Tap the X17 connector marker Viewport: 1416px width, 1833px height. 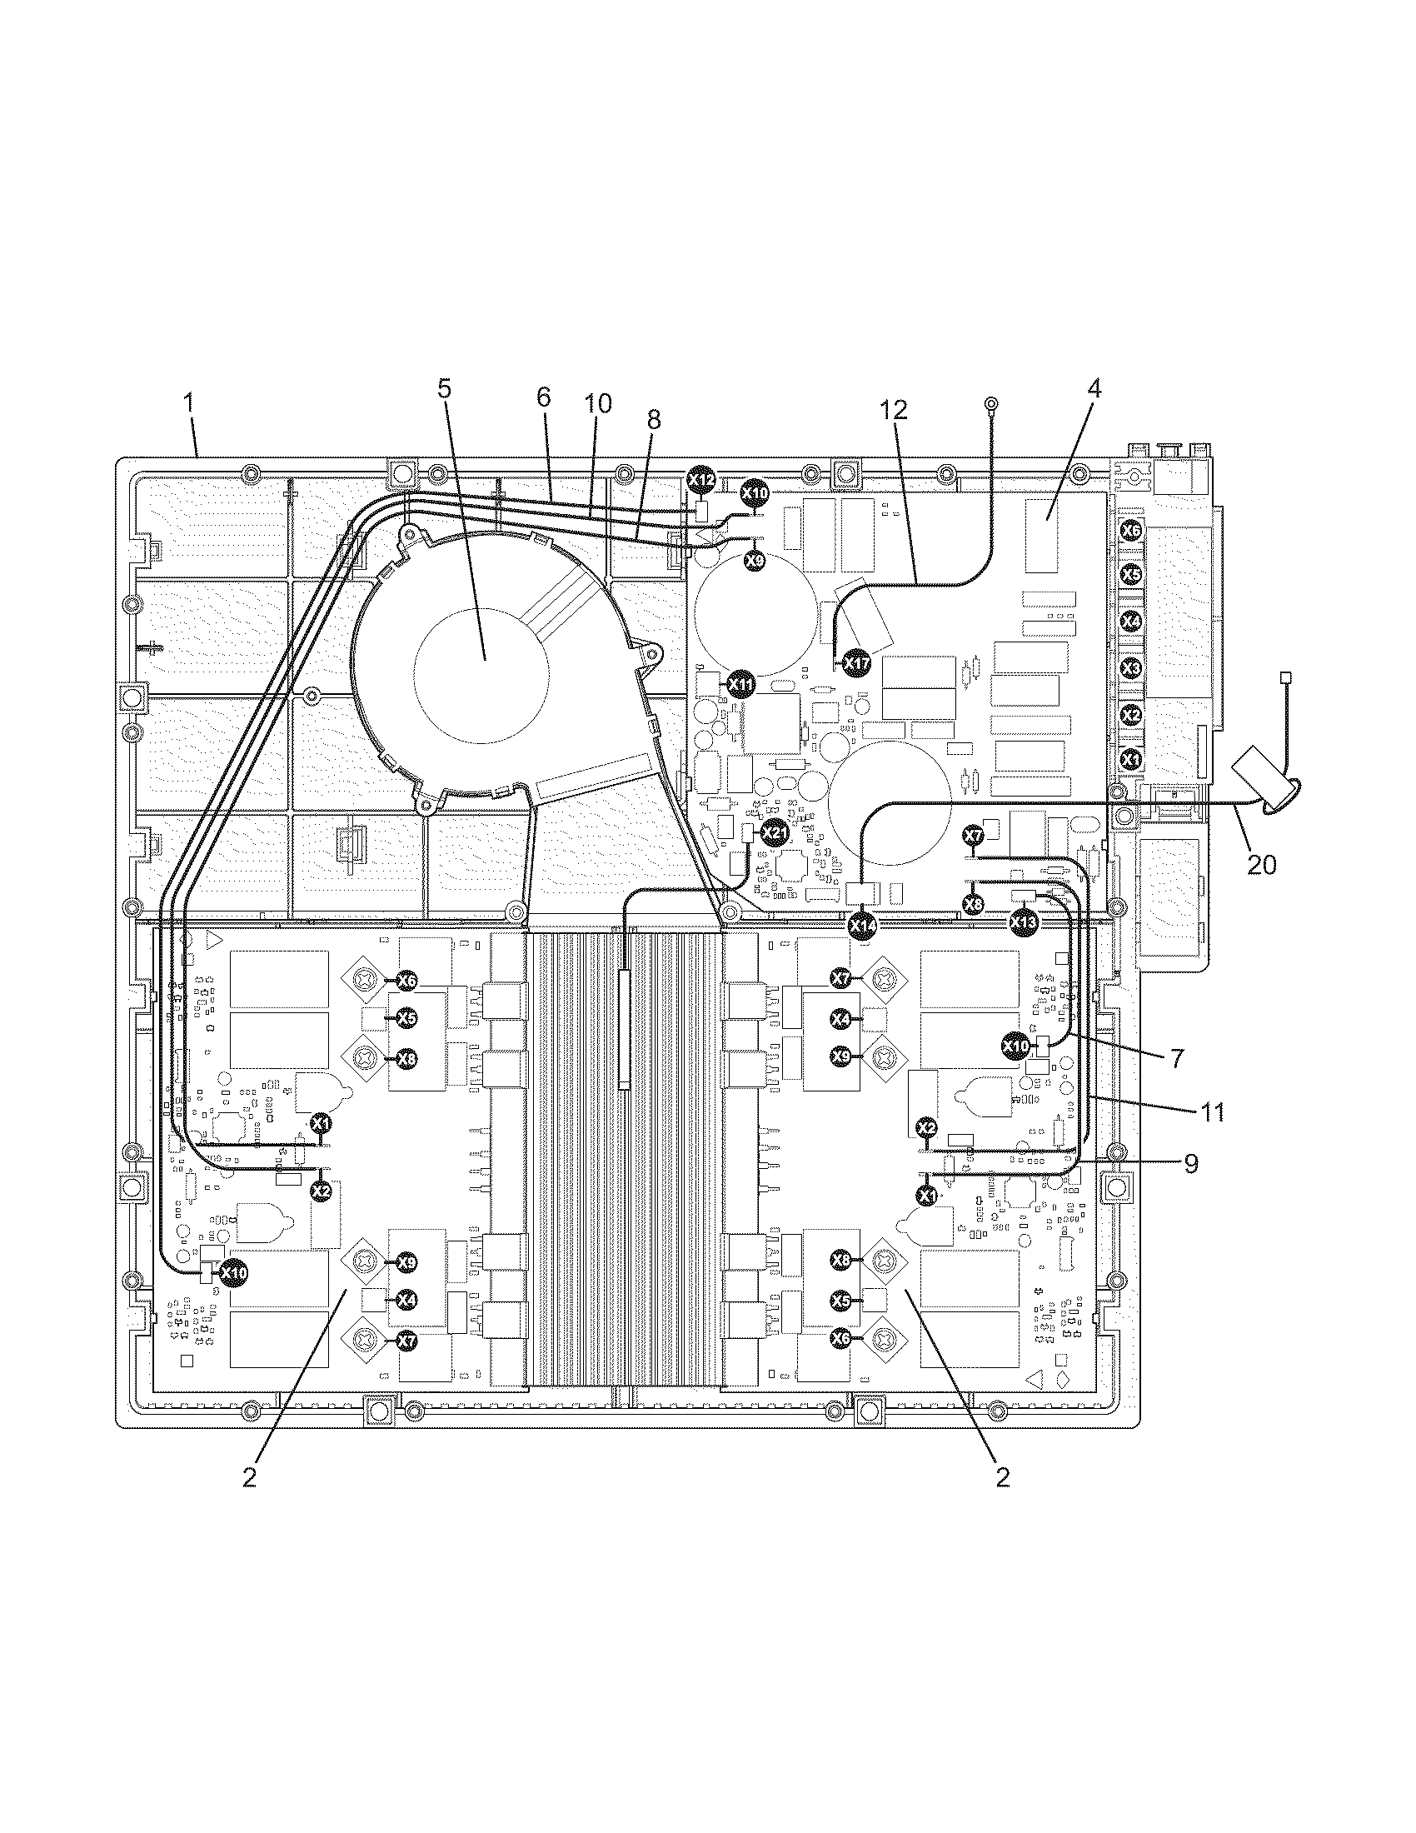[856, 664]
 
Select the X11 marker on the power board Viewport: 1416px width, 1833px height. [740, 684]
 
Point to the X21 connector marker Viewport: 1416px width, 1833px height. [775, 832]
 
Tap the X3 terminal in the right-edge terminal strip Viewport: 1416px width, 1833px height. [1132, 668]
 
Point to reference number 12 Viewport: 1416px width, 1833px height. [895, 412]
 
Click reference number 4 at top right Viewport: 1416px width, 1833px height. [1094, 389]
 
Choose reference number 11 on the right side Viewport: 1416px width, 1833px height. [1213, 1112]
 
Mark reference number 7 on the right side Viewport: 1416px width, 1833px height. [1178, 1059]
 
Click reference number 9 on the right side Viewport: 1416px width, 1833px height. [1191, 1163]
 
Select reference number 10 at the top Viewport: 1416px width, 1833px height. [598, 404]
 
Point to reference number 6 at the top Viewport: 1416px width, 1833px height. [544, 397]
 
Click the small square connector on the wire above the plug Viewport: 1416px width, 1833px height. [1284, 677]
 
